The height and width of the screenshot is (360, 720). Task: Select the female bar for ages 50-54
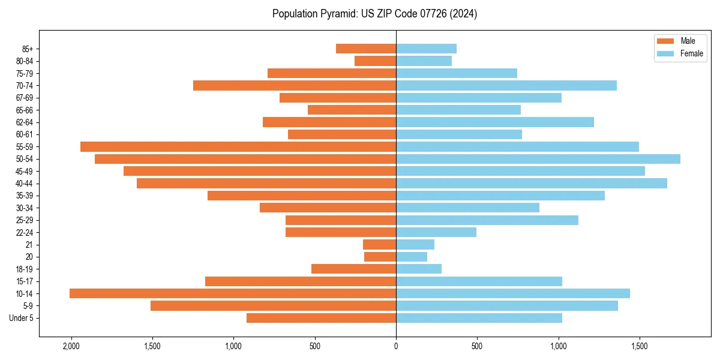pos(538,159)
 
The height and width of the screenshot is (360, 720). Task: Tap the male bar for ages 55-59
pos(238,147)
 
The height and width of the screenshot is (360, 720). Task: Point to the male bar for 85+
pos(366,49)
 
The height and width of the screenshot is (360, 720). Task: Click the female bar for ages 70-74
pos(506,86)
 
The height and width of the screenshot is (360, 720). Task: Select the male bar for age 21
pos(379,245)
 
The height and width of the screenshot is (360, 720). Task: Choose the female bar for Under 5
pos(479,318)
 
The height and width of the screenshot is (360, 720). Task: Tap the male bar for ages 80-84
pos(375,61)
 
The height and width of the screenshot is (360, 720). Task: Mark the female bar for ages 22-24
pos(436,232)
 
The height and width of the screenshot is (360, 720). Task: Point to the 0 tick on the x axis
pos(396,346)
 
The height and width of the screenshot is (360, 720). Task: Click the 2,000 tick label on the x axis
pos(71,346)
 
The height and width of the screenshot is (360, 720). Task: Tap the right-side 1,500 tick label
pos(639,346)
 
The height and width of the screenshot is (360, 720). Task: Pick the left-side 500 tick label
pos(315,346)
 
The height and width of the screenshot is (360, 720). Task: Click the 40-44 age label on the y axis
pos(25,184)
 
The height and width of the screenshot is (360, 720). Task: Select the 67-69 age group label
pos(25,98)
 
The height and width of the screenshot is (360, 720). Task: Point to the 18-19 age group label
pos(25,269)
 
